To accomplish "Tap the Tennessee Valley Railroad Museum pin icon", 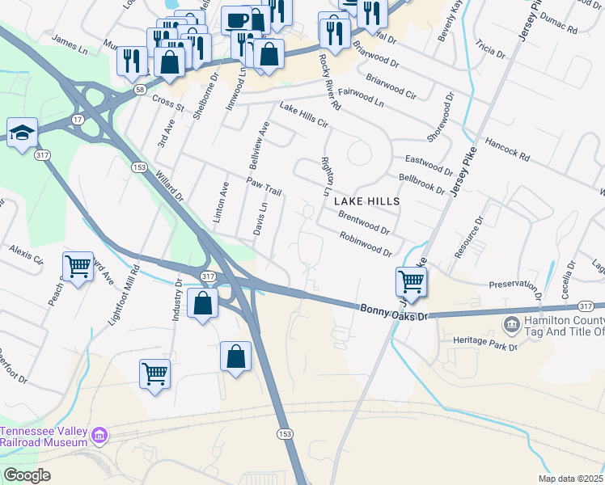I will coord(99,437).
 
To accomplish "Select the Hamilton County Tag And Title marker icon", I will coord(511,326).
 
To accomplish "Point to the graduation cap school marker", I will coord(22,132).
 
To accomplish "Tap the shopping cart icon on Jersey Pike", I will coord(411,282).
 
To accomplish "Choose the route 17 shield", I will coord(78,119).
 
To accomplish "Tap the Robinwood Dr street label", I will coord(366,243).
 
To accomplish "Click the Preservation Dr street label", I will coord(514,285).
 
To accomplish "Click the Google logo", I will coord(27,474).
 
